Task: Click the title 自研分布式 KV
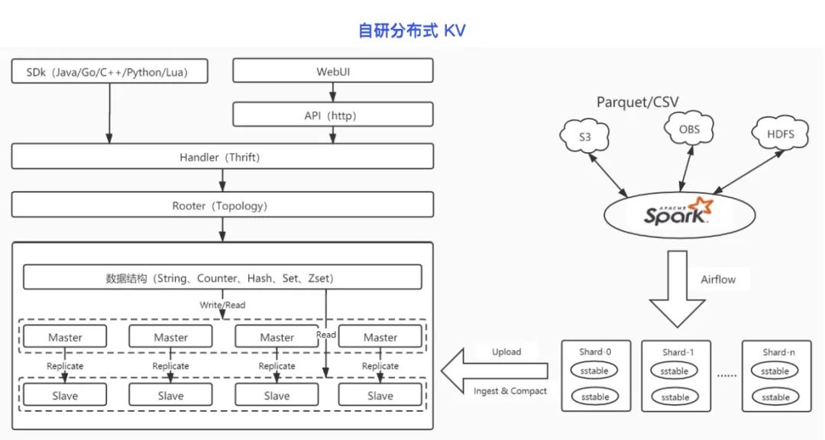[x=412, y=31]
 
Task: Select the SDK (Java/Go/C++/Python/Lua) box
[x=109, y=71]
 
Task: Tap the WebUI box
[x=333, y=70]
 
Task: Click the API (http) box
[x=333, y=115]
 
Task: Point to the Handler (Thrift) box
[x=222, y=157]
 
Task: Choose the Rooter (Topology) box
[x=222, y=205]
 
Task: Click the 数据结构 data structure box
[x=222, y=277]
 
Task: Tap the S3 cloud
[x=584, y=136]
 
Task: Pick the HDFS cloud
[x=780, y=134]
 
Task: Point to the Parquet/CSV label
[x=637, y=102]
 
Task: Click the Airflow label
[x=718, y=280]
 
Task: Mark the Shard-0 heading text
[x=595, y=351]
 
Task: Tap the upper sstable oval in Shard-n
[x=775, y=371]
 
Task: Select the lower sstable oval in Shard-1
[x=675, y=397]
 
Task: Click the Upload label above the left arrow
[x=506, y=352]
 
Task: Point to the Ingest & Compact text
[x=510, y=391]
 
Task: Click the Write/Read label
[x=222, y=305]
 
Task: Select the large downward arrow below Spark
[x=677, y=289]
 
